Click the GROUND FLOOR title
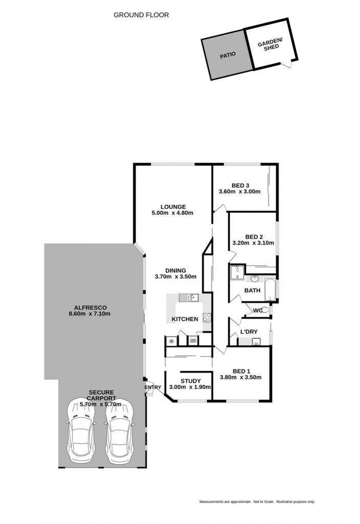pyautogui.click(x=141, y=15)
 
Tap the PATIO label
pyautogui.click(x=227, y=55)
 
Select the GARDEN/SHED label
pyautogui.click(x=270, y=44)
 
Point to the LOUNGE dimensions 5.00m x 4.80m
pyautogui.click(x=172, y=213)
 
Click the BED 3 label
pyautogui.click(x=240, y=185)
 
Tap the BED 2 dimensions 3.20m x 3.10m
pyautogui.click(x=253, y=243)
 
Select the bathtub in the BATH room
pyautogui.click(x=270, y=290)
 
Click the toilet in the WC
pyautogui.click(x=265, y=310)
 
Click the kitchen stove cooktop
pyautogui.click(x=207, y=317)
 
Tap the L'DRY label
pyautogui.click(x=249, y=332)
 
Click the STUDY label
pyautogui.click(x=190, y=381)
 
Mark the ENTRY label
pyautogui.click(x=153, y=387)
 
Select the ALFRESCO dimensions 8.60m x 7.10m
pyautogui.click(x=90, y=314)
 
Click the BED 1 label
pyautogui.click(x=241, y=372)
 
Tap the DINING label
pyautogui.click(x=176, y=271)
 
